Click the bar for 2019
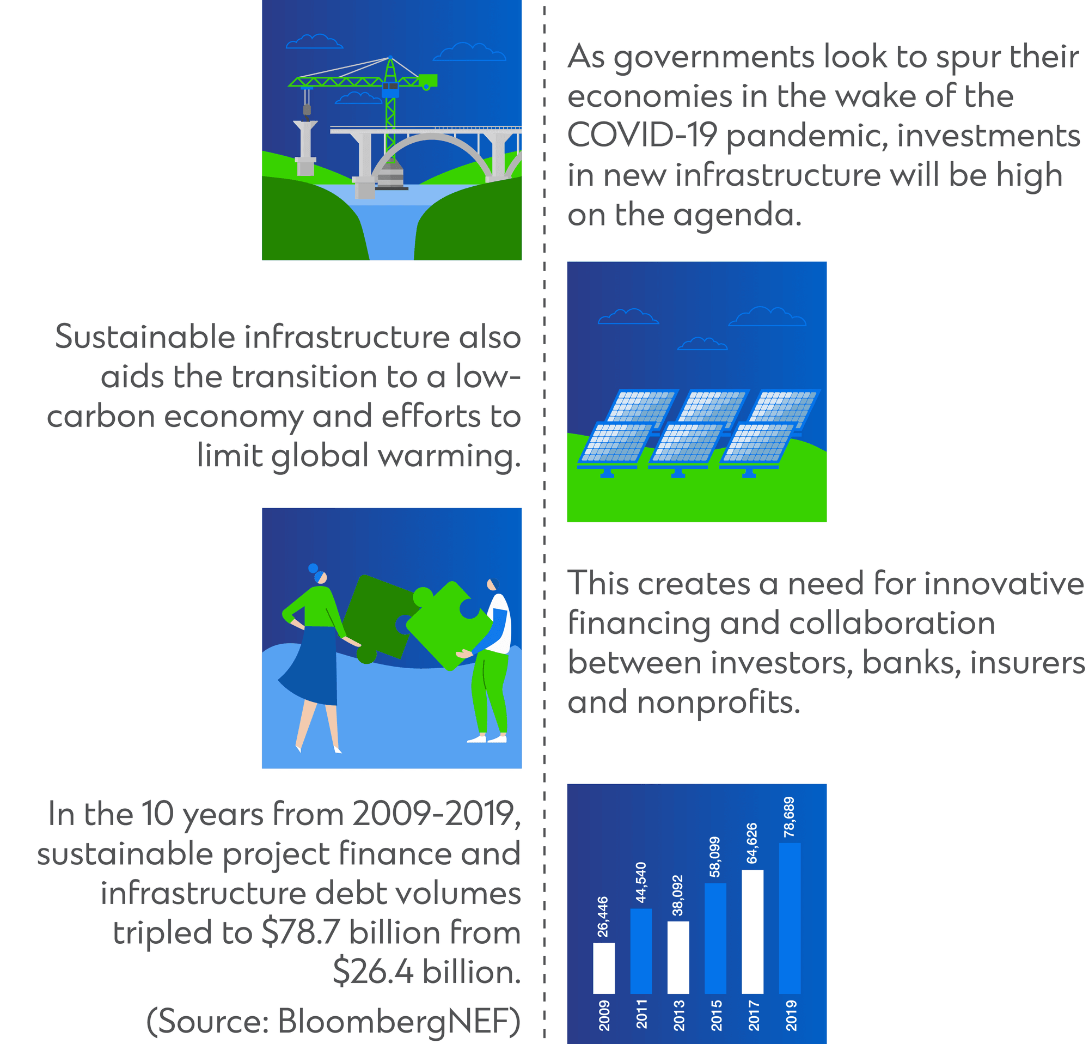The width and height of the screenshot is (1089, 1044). click(x=790, y=918)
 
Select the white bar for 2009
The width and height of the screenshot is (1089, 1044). click(x=604, y=968)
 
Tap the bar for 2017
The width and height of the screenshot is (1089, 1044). click(x=752, y=932)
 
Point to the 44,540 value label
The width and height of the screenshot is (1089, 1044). click(x=641, y=882)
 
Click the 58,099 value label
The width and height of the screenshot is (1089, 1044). click(x=715, y=857)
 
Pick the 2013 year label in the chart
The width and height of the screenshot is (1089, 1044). click(x=679, y=1015)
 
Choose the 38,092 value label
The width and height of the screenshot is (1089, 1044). click(x=678, y=895)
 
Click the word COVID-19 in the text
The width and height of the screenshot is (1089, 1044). click(x=642, y=135)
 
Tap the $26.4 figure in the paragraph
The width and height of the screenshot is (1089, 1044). click(x=373, y=972)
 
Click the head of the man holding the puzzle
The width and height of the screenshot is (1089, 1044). click(x=492, y=585)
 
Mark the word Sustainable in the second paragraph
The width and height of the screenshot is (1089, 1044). click(x=145, y=337)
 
